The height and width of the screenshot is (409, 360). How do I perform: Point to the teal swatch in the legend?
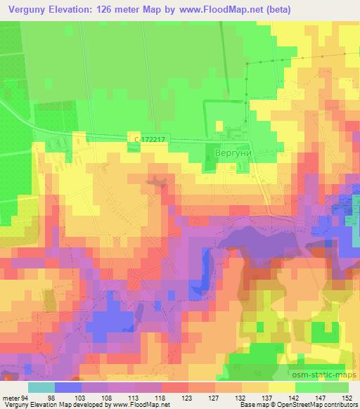(x=41, y=387)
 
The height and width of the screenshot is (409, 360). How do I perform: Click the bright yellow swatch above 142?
(x=282, y=387)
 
